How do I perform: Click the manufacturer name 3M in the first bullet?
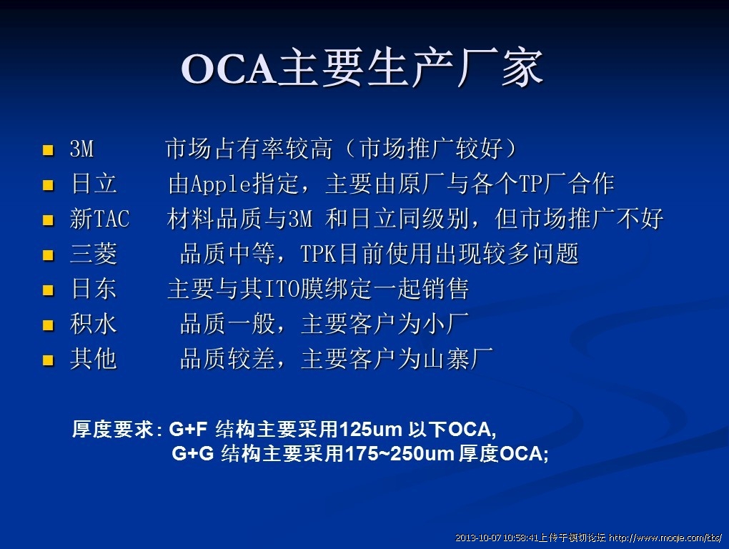point(81,149)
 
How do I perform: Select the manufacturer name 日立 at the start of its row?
point(94,183)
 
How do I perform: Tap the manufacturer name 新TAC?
point(99,219)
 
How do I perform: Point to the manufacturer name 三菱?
point(94,254)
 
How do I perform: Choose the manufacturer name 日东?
point(94,289)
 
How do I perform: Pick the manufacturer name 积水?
point(94,324)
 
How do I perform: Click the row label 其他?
point(94,359)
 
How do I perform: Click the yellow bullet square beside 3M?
point(48,150)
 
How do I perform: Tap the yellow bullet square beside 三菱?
point(48,255)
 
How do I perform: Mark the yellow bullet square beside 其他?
point(48,360)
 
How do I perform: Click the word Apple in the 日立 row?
point(222,184)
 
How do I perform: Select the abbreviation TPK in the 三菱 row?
point(318,254)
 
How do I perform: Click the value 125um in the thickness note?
point(370,429)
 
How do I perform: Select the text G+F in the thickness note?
point(188,429)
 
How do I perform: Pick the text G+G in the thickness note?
point(193,453)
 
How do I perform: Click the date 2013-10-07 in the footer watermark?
point(478,538)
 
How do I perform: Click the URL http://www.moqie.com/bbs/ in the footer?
point(665,538)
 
